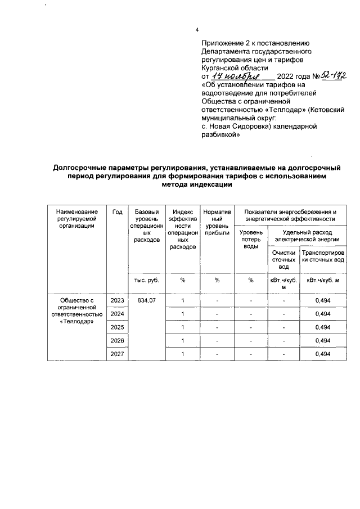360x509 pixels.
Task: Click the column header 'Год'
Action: coord(117,211)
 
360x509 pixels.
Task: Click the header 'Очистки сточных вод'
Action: coord(283,260)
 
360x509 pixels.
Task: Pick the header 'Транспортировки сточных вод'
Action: coord(322,256)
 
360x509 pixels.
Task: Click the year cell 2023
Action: coord(117,301)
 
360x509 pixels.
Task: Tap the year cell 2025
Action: coord(117,327)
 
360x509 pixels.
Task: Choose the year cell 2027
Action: coord(117,353)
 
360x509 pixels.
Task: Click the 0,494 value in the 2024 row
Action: coord(322,314)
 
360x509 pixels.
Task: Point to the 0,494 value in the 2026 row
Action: coord(322,340)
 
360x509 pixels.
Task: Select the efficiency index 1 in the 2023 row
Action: coord(183,301)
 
